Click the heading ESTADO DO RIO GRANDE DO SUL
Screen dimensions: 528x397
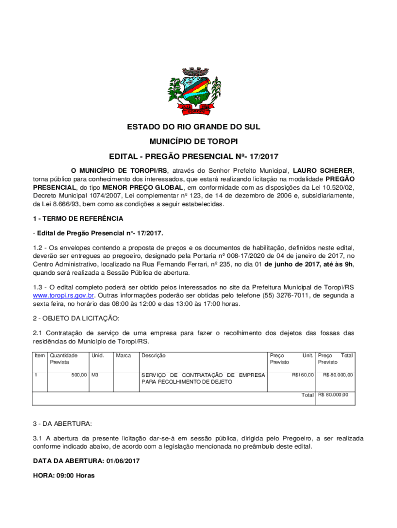click(x=198, y=127)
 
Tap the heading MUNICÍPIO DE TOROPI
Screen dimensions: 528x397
click(x=198, y=141)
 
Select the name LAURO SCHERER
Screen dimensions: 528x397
click(x=323, y=170)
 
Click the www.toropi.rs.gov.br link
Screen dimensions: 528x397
click(x=63, y=295)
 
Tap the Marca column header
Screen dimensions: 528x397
click(x=123, y=355)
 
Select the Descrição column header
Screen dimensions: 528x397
click(x=154, y=355)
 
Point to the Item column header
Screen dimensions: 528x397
click(x=39, y=355)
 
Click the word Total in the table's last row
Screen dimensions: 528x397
click(x=308, y=395)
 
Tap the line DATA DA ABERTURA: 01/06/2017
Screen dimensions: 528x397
click(x=86, y=460)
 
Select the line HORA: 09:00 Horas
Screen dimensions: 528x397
click(x=63, y=475)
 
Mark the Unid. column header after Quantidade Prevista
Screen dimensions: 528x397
click(x=97, y=355)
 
